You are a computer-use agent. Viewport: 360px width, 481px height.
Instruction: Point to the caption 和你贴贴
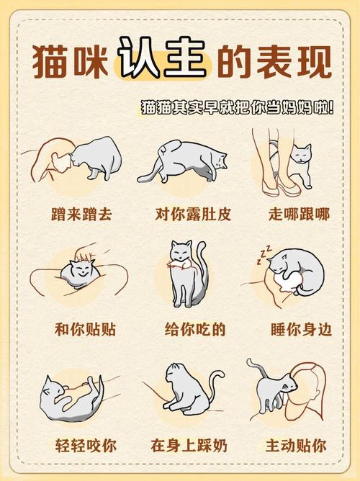click(85, 330)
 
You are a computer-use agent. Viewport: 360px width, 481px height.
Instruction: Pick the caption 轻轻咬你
click(85, 446)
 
